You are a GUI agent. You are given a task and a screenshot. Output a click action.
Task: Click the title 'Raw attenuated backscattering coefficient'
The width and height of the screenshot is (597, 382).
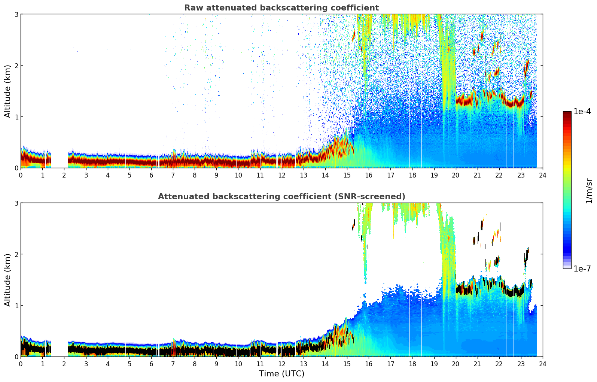(281, 8)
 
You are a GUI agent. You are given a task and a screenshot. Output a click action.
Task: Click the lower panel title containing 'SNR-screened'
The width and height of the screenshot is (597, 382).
(281, 197)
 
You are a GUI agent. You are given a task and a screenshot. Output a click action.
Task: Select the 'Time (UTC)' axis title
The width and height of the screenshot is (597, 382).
(281, 374)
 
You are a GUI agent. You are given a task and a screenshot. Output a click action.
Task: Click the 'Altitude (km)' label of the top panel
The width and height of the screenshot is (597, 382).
(8, 91)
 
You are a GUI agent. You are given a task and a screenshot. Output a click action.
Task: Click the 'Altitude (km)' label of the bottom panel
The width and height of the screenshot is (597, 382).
(8, 280)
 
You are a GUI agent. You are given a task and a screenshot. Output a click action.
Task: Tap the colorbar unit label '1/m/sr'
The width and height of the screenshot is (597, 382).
(589, 191)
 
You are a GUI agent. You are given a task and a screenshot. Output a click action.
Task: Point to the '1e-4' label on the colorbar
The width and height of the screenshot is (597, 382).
(582, 112)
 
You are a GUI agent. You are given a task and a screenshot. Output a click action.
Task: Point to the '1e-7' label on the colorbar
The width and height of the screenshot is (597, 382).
(582, 269)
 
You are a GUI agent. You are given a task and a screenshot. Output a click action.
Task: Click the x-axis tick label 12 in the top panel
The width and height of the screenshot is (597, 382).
(281, 175)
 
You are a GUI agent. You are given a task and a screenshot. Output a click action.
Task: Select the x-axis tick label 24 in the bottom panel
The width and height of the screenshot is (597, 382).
(543, 364)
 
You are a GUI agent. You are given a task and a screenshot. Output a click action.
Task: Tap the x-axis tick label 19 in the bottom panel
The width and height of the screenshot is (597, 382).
(434, 364)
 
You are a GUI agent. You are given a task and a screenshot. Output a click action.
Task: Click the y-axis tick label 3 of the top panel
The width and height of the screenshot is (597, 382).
(16, 14)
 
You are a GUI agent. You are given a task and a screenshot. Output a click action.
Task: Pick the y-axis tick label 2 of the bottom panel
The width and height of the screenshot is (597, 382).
(16, 254)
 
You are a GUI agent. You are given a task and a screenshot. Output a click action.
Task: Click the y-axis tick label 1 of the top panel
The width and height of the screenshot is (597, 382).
(16, 117)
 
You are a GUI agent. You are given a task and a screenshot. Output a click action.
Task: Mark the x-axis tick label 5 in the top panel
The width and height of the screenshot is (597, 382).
(130, 175)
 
